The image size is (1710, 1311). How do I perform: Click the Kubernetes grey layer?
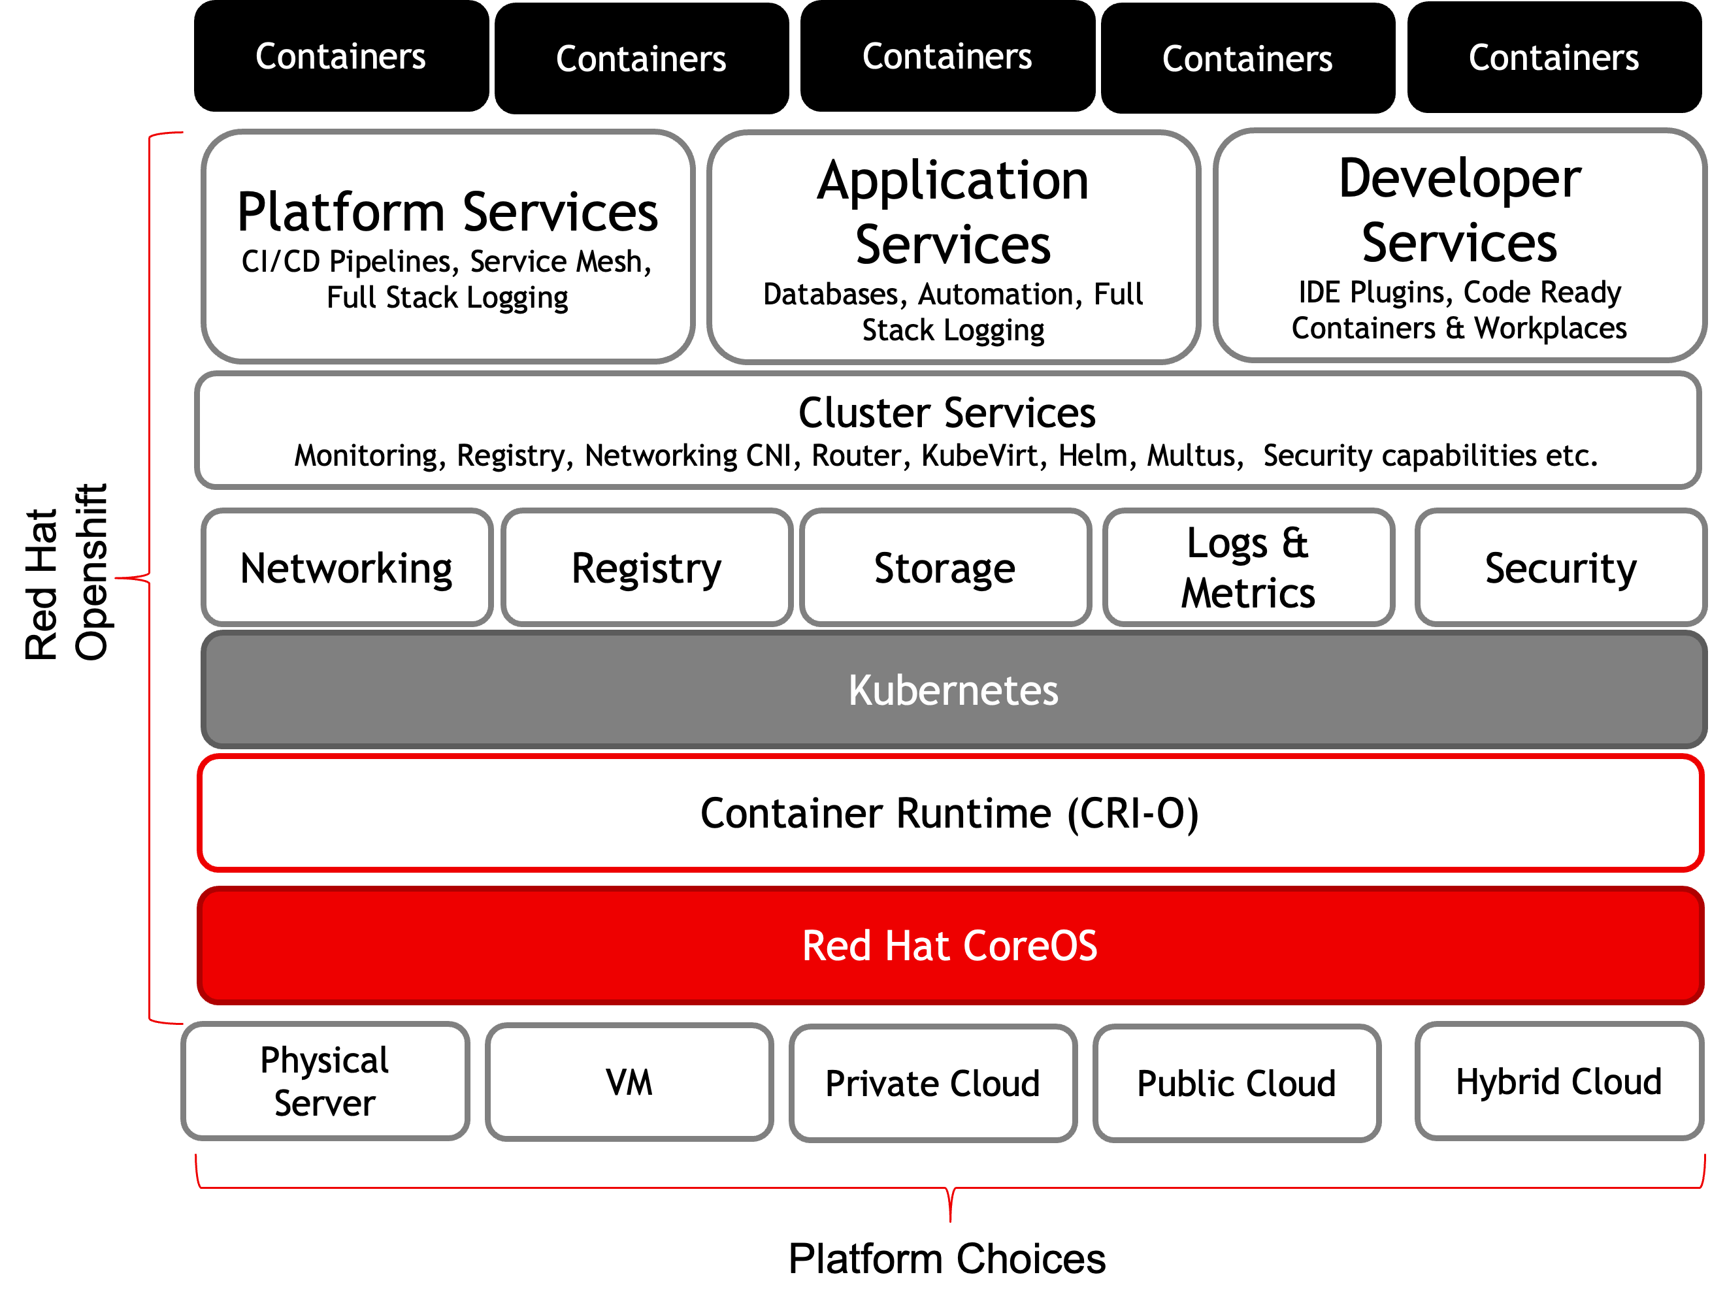click(x=952, y=690)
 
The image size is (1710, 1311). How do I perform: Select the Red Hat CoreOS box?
click(x=950, y=946)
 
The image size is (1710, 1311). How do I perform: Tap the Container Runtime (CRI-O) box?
click(x=950, y=813)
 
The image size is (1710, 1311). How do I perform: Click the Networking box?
click(x=346, y=568)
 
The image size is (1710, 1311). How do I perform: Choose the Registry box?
click(x=646, y=568)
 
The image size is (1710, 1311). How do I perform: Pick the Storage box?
click(x=944, y=568)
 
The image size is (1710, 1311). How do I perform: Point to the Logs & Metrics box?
click(x=1247, y=568)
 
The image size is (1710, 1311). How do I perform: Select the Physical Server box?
click(x=325, y=1082)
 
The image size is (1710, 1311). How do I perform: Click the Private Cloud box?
click(x=932, y=1083)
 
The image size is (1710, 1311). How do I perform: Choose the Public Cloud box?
click(x=1236, y=1083)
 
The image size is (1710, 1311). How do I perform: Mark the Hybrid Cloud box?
click(x=1558, y=1082)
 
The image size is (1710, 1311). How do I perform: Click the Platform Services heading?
click(x=447, y=212)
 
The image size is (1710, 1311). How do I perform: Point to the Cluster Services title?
click(x=947, y=412)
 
